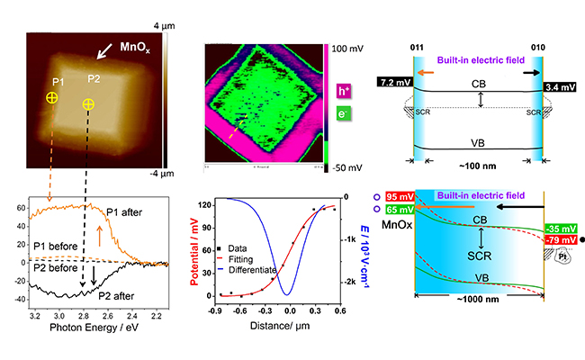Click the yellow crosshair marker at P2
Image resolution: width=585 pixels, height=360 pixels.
88,104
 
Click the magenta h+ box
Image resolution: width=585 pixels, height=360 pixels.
344,91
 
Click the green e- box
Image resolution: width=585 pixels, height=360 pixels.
344,115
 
